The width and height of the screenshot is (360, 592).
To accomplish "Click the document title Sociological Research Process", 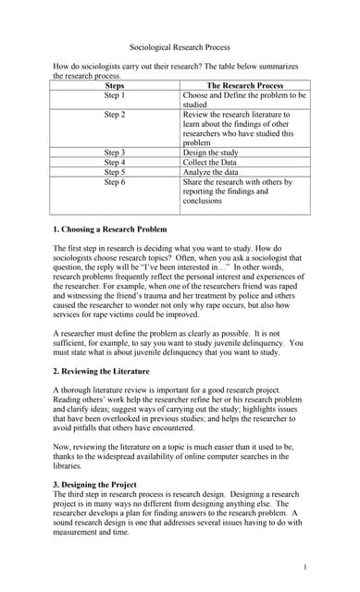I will pyautogui.click(x=180, y=46).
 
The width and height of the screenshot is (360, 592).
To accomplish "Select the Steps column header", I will pyautogui.click(x=116, y=86).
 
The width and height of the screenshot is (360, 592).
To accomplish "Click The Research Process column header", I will pyautogui.click(x=244, y=86).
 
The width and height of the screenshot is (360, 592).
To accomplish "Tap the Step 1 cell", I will pyautogui.click(x=116, y=95).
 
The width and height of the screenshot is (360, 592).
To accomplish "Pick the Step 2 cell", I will pyautogui.click(x=116, y=115).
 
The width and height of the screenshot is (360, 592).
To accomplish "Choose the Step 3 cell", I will pyautogui.click(x=116, y=152).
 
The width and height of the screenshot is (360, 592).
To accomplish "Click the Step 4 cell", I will pyautogui.click(x=116, y=162).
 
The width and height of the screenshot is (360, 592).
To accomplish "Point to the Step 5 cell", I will pyautogui.click(x=116, y=172).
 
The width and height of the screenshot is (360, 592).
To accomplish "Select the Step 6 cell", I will pyautogui.click(x=116, y=182).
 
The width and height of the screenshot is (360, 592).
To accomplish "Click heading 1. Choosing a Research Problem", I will pyautogui.click(x=110, y=228).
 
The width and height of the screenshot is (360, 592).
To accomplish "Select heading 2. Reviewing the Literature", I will pyautogui.click(x=101, y=371).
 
